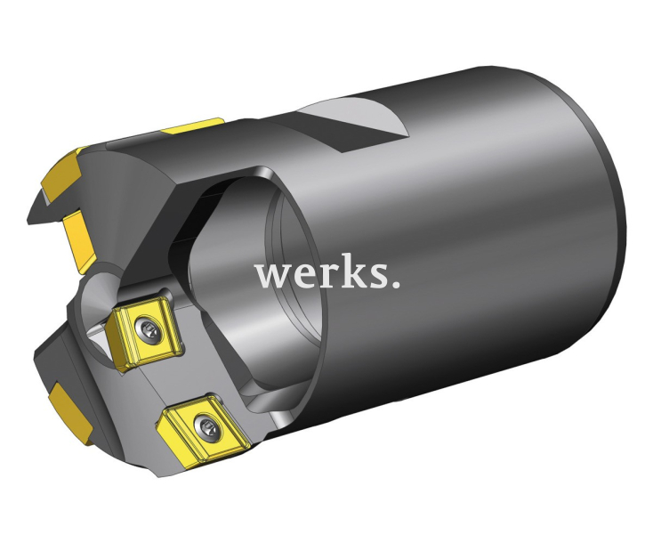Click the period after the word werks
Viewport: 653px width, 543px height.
point(394,286)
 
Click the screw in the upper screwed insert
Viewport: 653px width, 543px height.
point(148,331)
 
